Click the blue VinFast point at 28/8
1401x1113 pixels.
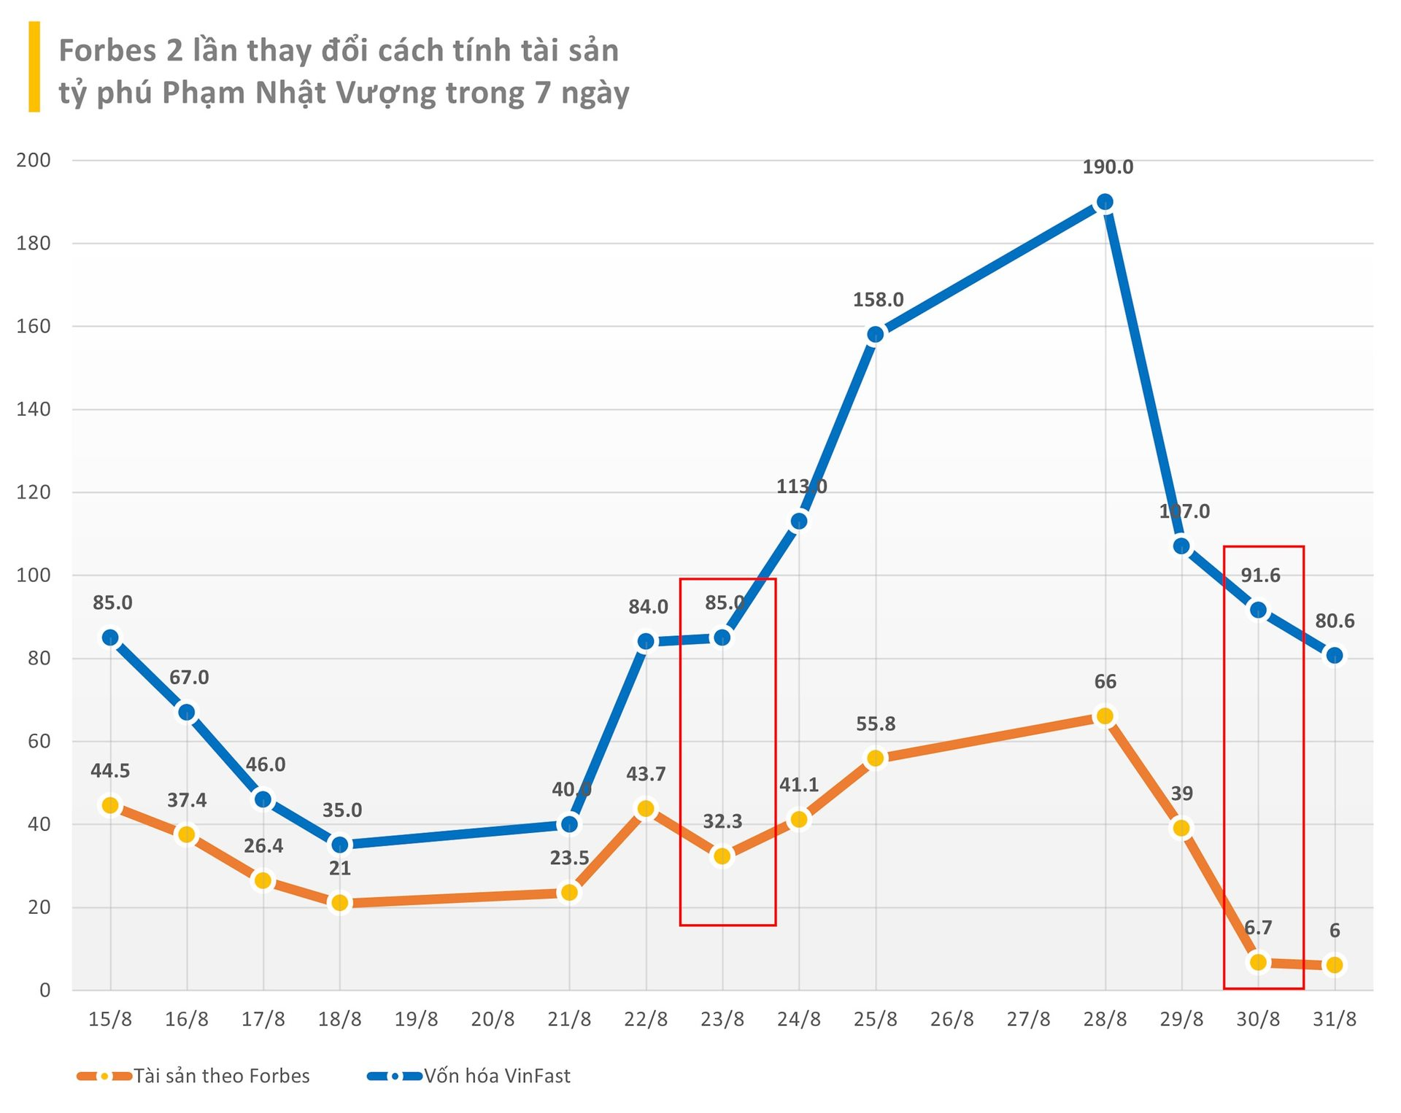(x=1105, y=202)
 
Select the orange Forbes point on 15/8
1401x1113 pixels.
(x=110, y=805)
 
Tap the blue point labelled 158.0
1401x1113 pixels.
(x=876, y=335)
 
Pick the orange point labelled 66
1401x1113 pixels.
(x=1105, y=716)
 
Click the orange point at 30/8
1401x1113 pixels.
(x=1258, y=962)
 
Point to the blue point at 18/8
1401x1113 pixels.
(x=340, y=845)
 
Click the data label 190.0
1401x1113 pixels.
(x=1108, y=167)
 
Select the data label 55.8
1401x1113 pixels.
(x=876, y=724)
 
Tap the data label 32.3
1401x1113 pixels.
(x=722, y=821)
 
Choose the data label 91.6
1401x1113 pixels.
(x=1260, y=575)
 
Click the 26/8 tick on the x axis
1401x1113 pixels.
(x=952, y=1019)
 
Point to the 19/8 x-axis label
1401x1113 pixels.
(x=416, y=1019)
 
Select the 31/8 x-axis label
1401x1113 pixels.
(x=1334, y=1019)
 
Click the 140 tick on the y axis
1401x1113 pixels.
(x=34, y=409)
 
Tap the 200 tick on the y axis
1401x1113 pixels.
(x=34, y=160)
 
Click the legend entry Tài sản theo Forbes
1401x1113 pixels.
(x=221, y=1076)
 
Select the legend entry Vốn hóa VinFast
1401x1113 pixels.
(x=497, y=1076)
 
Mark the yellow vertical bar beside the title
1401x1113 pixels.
(x=34, y=67)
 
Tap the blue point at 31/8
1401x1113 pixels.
(x=1334, y=656)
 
